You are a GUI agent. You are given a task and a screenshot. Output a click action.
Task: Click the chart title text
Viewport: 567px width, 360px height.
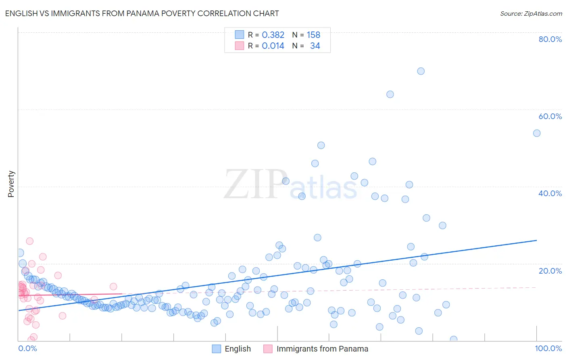pos(142,13)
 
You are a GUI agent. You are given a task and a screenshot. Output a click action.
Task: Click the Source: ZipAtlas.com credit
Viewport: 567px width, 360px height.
pos(531,13)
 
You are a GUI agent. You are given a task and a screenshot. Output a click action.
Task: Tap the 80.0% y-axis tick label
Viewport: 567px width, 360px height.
pos(550,39)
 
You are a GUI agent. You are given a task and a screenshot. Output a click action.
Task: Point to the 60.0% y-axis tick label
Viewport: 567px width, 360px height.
pos(550,116)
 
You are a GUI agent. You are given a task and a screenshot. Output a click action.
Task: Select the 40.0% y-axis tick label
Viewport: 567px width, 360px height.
pos(550,193)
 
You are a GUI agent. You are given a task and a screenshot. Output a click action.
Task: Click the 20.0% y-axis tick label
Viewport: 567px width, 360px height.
pos(550,270)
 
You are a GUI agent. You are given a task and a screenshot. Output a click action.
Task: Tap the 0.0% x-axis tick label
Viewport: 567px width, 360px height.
pos(27,348)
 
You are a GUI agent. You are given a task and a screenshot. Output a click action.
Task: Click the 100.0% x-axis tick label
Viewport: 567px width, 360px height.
pos(548,348)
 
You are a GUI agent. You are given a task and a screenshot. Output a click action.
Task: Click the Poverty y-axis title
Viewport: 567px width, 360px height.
pos(11,184)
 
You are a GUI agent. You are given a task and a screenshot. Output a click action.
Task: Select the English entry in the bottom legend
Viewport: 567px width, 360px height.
pos(238,349)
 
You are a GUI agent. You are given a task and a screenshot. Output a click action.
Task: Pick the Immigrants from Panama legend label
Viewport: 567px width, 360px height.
pos(322,349)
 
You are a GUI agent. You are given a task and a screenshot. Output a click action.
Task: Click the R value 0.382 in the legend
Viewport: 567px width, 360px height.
pos(273,35)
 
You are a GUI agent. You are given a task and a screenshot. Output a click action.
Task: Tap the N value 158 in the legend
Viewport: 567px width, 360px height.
pos(313,35)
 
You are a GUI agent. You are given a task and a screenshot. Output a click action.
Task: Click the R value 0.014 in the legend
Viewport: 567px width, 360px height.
pos(273,46)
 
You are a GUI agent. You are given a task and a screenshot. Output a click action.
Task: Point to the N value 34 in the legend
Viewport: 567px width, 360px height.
pos(315,46)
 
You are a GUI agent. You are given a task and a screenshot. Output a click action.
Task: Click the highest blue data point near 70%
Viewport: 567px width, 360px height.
pos(421,71)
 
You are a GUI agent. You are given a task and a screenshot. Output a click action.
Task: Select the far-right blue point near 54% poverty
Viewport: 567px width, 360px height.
pos(536,133)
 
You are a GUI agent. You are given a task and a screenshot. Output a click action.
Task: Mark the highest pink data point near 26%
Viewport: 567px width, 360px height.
pos(29,241)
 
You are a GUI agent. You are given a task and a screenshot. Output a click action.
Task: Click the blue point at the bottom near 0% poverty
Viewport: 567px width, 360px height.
pos(453,339)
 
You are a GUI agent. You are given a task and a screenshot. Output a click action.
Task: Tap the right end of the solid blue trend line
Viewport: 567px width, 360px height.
pos(536,240)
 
